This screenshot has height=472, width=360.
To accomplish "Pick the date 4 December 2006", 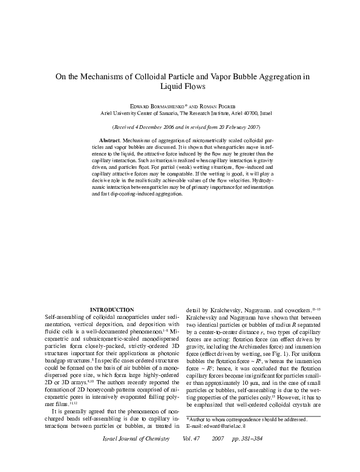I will point(160,127).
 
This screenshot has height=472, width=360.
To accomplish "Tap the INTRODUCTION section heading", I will point(111,309).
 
